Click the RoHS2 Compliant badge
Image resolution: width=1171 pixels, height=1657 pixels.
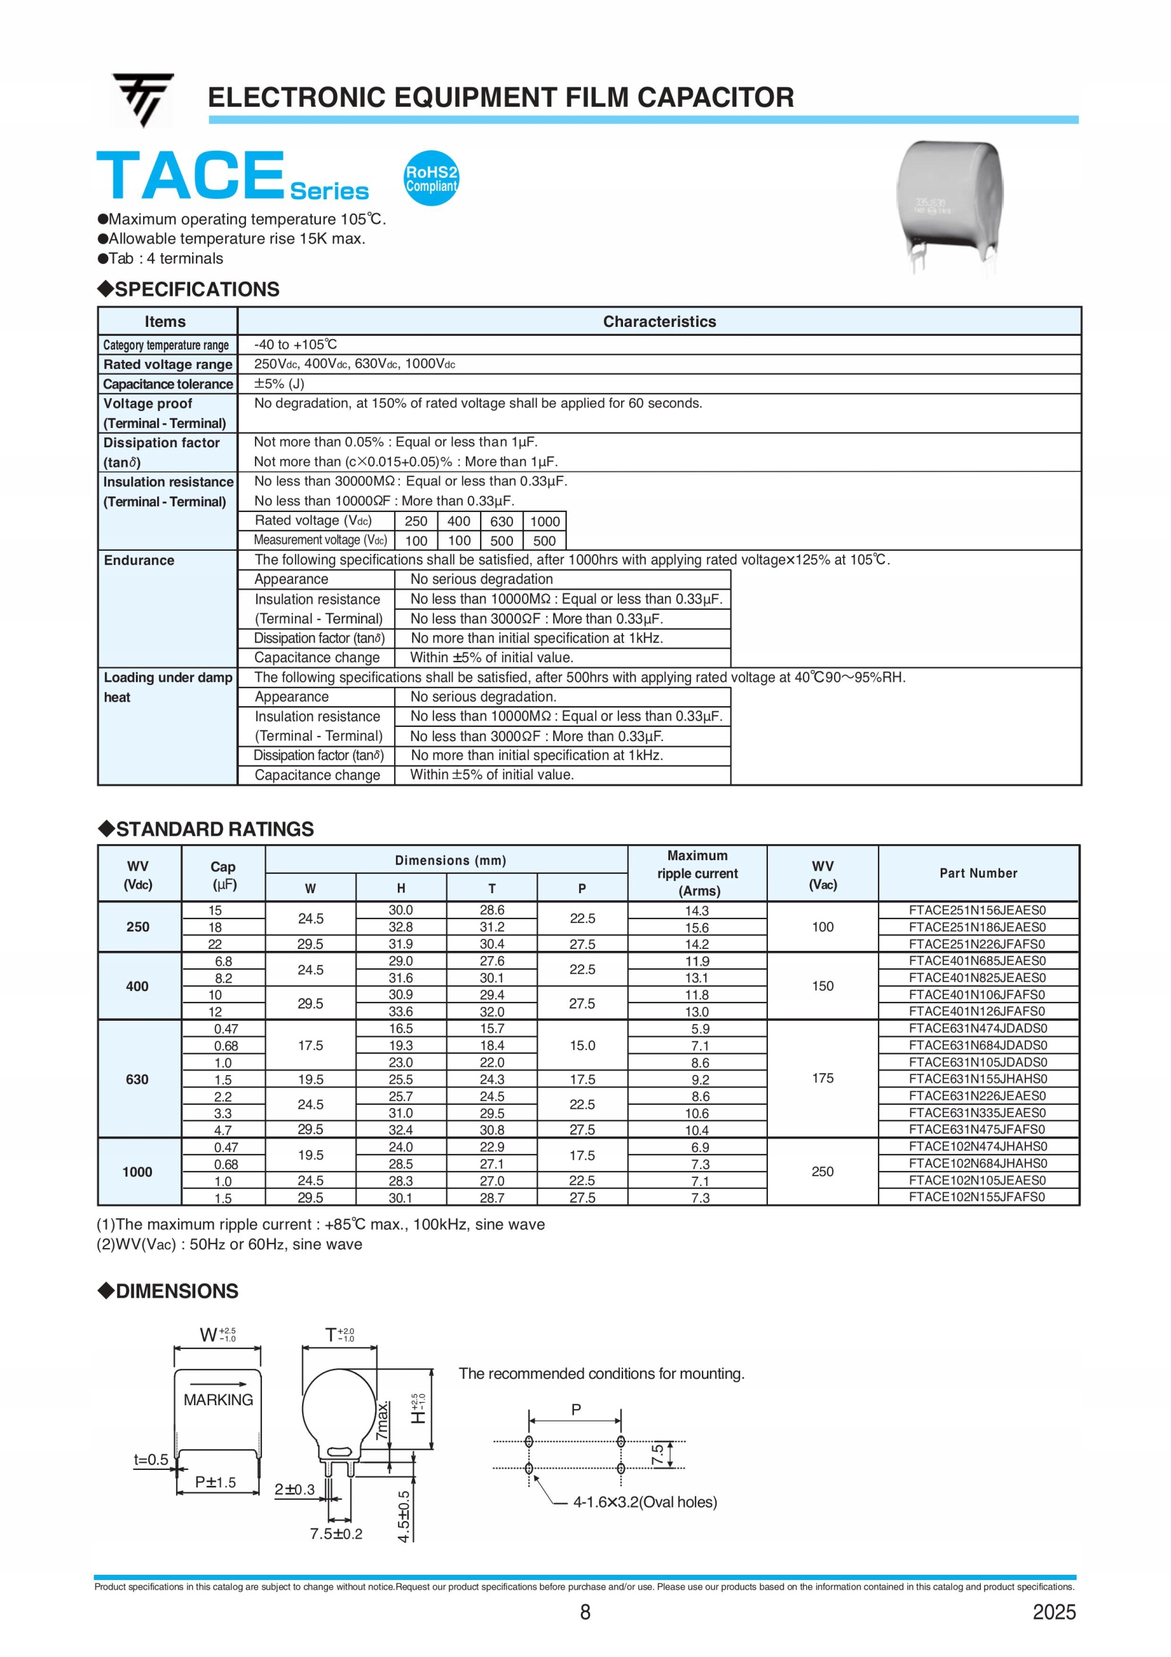point(431,178)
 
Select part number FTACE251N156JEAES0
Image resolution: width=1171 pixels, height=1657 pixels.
point(977,910)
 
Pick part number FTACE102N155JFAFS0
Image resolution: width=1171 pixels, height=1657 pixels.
point(977,1197)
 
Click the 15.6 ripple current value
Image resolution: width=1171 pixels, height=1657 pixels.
point(697,928)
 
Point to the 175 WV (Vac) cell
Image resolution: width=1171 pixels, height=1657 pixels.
point(822,1078)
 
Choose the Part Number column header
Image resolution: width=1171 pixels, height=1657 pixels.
point(978,873)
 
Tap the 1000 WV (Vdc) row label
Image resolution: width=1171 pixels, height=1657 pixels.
point(137,1172)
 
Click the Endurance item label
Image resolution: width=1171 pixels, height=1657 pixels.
point(139,560)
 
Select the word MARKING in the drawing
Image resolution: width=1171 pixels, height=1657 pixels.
point(218,1400)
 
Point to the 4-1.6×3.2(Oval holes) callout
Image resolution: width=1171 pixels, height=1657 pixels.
point(645,1502)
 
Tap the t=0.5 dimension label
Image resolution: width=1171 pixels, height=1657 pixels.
point(151,1460)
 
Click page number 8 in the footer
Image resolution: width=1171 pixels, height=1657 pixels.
point(585,1612)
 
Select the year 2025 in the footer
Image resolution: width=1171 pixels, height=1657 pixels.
point(1053,1612)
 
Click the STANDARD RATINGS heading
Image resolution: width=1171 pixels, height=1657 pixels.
point(214,829)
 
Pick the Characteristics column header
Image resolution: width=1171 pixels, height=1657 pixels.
point(659,322)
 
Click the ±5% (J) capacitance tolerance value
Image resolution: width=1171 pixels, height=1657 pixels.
point(279,384)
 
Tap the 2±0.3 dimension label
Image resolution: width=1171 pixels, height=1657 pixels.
point(294,1489)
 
